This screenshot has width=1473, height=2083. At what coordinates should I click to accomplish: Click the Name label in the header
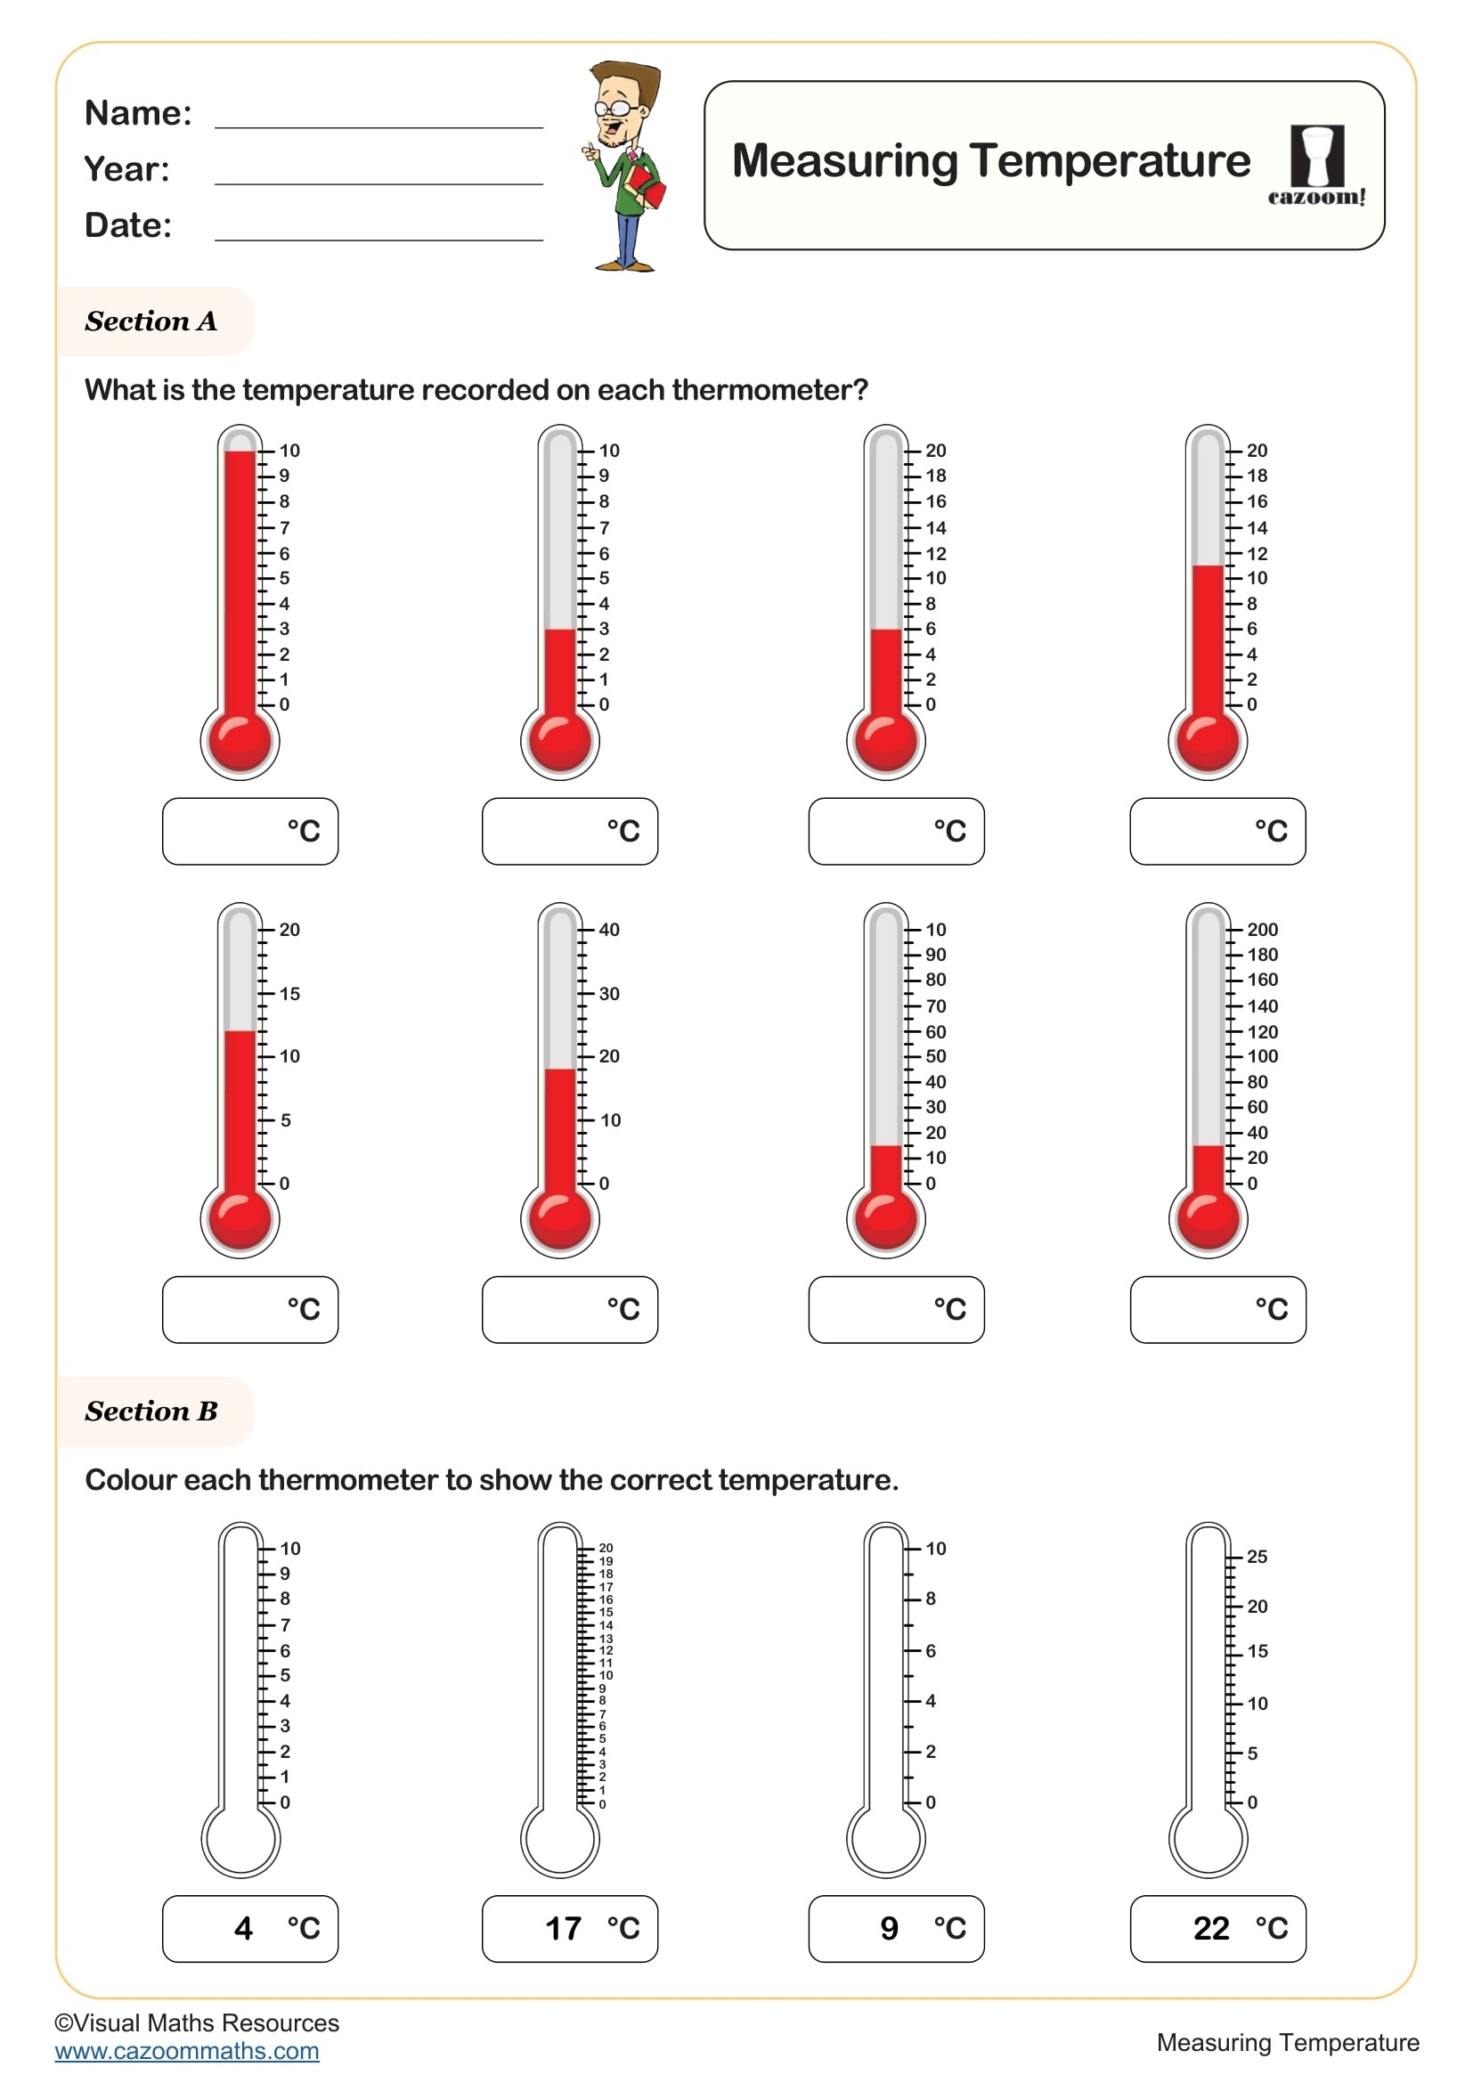point(138,113)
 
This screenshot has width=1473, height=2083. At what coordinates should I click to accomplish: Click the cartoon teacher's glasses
point(613,108)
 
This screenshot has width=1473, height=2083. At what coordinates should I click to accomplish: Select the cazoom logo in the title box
point(1316,166)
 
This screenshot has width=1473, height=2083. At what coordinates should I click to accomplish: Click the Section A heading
point(151,321)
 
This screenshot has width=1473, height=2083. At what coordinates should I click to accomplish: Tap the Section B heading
point(151,1411)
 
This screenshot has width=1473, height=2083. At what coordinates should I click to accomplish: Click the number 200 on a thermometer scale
point(1262,930)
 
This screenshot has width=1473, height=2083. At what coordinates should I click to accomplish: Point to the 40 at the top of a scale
point(608,930)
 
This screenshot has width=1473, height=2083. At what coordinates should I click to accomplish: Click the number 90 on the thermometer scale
point(935,956)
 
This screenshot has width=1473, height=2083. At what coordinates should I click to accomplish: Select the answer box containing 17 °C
point(570,1928)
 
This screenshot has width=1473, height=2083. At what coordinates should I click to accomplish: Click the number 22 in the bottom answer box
point(1211,1928)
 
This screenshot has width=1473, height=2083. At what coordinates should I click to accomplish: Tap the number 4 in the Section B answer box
point(243,1928)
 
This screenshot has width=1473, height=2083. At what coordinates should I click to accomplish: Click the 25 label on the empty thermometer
point(1257,1557)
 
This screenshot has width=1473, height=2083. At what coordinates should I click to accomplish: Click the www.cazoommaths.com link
point(187,2051)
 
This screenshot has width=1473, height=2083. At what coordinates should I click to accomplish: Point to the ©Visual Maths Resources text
point(197,2023)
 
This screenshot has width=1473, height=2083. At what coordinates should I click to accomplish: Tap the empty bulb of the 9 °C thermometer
point(885,1840)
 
